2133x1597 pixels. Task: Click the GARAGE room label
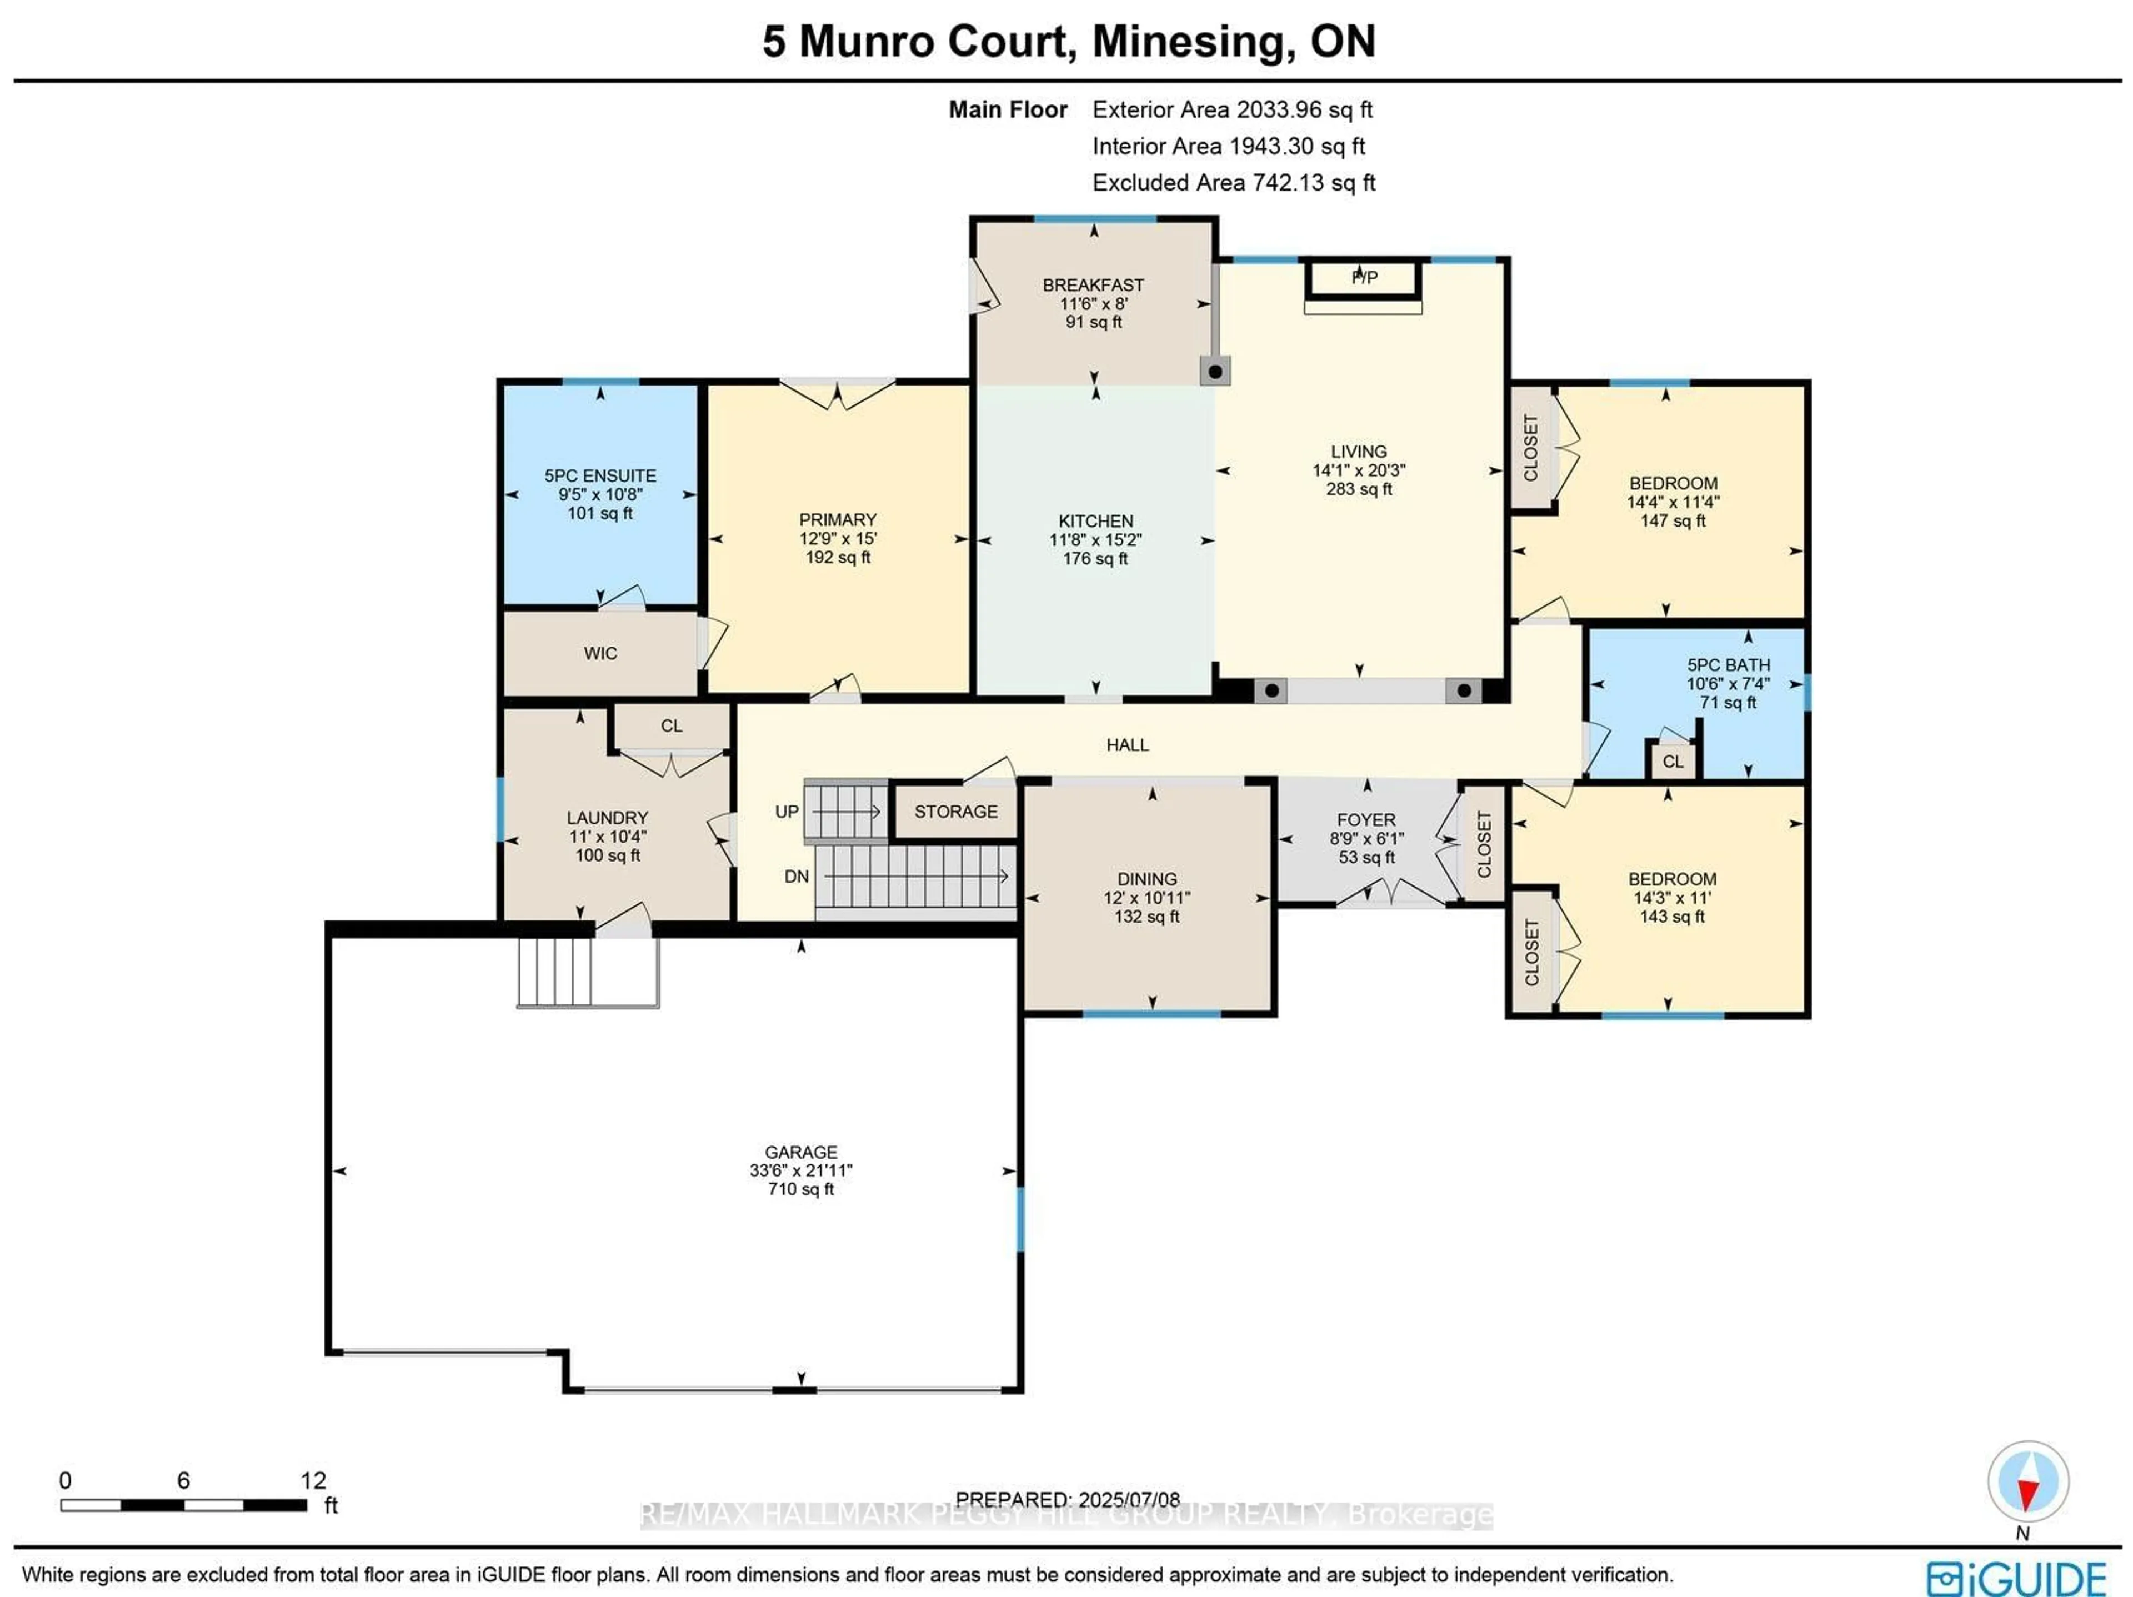[x=800, y=1152]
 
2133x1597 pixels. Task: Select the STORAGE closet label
[x=955, y=811]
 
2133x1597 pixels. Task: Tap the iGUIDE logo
[x=2015, y=1578]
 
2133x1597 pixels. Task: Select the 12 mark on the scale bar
[x=312, y=1480]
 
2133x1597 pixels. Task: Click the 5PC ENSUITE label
[x=600, y=475]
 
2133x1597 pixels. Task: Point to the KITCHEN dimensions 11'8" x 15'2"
[x=1095, y=540]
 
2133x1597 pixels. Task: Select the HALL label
[x=1127, y=744]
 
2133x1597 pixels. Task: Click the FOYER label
[x=1365, y=820]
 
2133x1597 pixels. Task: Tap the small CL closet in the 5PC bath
[x=1672, y=761]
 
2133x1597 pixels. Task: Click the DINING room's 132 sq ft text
[x=1146, y=916]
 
